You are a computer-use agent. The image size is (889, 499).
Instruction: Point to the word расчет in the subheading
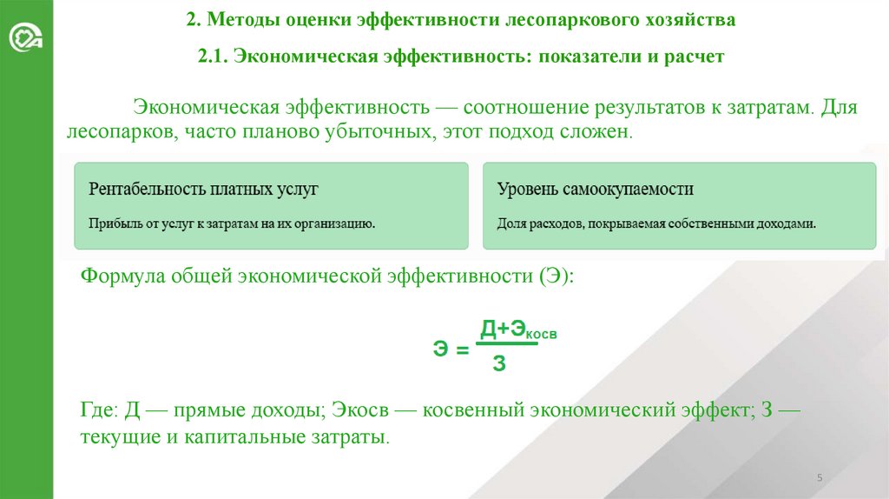click(692, 57)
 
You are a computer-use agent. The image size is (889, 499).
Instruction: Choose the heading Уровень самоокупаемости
click(595, 189)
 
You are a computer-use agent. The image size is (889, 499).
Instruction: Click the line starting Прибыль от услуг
click(232, 223)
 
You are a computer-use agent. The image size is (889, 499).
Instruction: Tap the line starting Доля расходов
click(657, 223)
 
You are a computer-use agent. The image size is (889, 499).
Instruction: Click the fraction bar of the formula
click(508, 344)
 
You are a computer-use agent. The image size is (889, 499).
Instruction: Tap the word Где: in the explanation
click(99, 411)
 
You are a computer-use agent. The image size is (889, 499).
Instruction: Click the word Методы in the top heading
click(243, 19)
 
